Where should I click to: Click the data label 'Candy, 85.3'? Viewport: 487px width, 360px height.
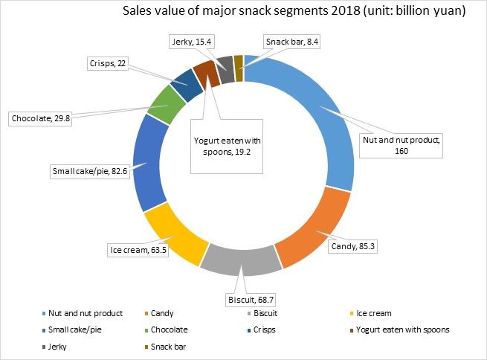pos(352,245)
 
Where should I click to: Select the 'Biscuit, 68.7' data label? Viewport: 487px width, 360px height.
pos(250,300)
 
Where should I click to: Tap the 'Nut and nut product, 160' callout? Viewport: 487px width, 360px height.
pos(401,144)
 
